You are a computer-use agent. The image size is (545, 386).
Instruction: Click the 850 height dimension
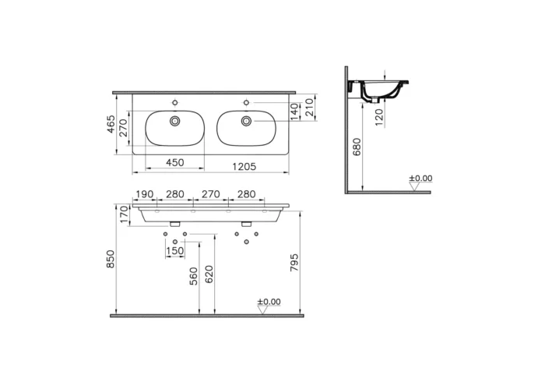[111, 260]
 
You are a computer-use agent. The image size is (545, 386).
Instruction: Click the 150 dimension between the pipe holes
[175, 250]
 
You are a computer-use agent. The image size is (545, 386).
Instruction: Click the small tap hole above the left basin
[174, 101]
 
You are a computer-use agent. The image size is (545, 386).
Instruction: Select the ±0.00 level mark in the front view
[269, 303]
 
